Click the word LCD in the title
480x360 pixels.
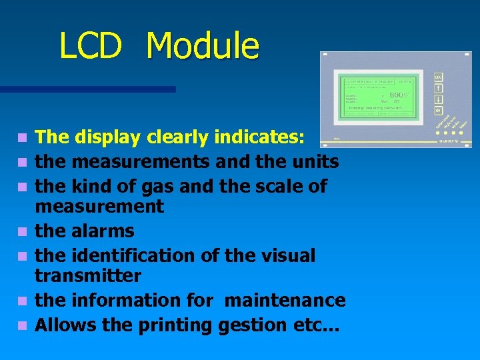tap(90, 46)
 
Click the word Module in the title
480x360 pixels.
tap(202, 46)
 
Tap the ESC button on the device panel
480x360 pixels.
tap(438, 78)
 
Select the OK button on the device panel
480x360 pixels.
tap(438, 110)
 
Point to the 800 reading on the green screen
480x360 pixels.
tap(398, 95)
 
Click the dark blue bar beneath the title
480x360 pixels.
tap(87, 89)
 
